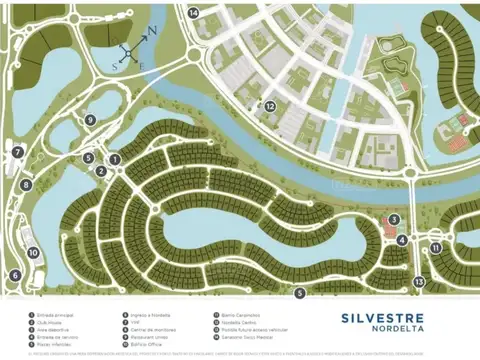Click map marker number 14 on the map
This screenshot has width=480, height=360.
[x=194, y=12]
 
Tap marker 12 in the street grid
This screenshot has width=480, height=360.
[x=271, y=105]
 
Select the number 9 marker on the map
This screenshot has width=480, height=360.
[x=90, y=120]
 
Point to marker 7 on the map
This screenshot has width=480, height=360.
[x=17, y=152]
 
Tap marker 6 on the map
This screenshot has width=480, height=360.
[x=15, y=275]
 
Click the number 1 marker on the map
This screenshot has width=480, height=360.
[x=114, y=158]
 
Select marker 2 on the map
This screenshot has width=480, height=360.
[x=101, y=171]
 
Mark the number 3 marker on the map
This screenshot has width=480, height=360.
[x=394, y=219]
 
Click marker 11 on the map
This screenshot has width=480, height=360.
[x=436, y=247]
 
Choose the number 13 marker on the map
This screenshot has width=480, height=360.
[x=419, y=282]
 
